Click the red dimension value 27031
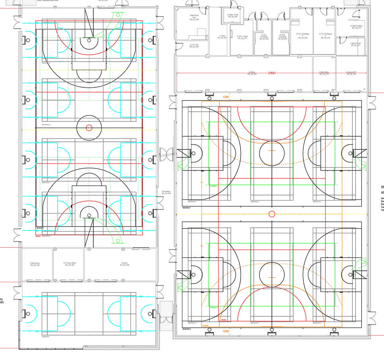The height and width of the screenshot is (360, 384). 272,73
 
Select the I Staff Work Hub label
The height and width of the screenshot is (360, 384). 194,17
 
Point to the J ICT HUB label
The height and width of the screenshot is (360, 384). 194,46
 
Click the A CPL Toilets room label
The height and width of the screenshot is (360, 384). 242,37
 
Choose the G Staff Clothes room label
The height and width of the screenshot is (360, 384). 356,27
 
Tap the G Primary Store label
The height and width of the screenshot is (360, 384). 70,264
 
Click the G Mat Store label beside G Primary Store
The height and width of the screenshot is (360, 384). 35,264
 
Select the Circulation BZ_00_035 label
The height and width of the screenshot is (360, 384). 166,192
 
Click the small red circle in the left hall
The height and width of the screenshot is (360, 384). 89,128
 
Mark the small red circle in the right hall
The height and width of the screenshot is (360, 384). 272,214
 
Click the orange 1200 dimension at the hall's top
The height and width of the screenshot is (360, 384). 226,97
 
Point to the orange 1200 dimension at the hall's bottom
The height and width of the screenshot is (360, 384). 226,331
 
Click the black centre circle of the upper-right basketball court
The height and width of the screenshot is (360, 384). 272,153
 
